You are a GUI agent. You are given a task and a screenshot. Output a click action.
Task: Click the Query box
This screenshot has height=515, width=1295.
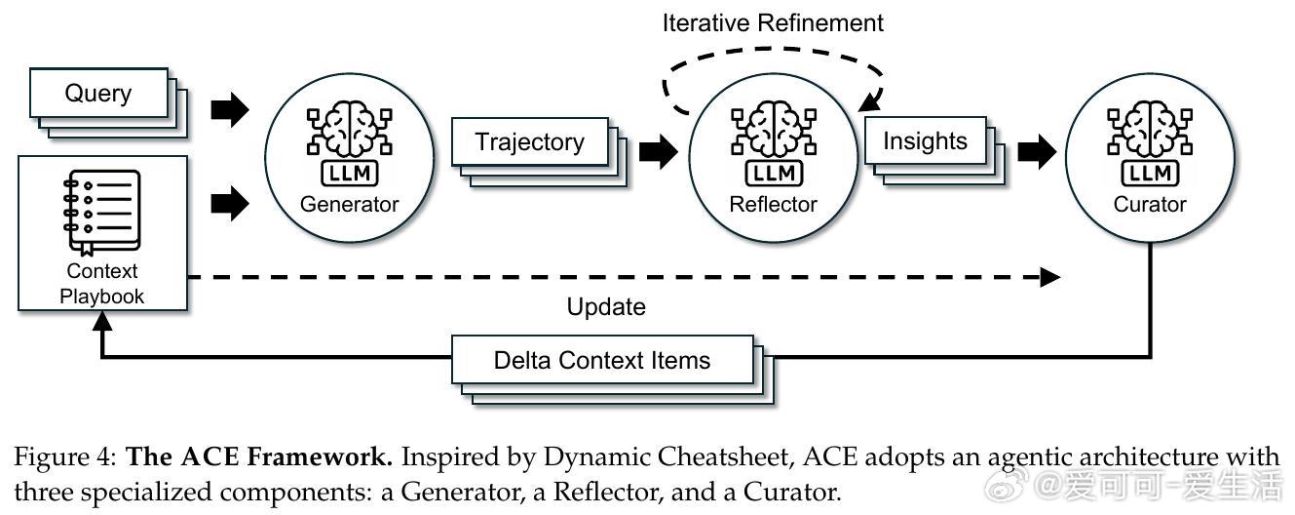coord(97,94)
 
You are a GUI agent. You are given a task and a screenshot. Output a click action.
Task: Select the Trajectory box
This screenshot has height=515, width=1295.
coord(529,142)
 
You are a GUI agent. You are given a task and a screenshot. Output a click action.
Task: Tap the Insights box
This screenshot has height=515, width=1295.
coord(924,140)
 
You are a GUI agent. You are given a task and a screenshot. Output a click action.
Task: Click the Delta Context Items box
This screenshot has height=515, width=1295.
coord(601,360)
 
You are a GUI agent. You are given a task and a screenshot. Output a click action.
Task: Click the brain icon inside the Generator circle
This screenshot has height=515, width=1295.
coord(349,136)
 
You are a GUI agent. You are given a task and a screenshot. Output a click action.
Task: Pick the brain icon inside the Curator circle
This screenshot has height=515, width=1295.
coord(1151,136)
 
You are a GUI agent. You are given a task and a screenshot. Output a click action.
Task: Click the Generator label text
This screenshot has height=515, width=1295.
coord(349,205)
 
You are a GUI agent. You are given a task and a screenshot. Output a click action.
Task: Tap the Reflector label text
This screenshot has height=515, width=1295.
coord(773,205)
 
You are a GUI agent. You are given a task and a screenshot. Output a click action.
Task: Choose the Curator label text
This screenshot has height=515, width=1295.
coord(1151,205)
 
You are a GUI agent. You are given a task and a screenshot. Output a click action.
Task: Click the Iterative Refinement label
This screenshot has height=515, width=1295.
coord(773,22)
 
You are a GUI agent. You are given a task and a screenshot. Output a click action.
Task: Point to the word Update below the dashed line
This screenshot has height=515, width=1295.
coord(606,306)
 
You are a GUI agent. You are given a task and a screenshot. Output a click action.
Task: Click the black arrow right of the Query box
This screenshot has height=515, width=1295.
coord(230,111)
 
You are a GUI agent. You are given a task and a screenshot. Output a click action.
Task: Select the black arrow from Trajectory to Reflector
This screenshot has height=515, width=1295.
coord(657,151)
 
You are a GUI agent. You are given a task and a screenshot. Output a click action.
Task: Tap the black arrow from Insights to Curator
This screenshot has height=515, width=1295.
coord(1036,151)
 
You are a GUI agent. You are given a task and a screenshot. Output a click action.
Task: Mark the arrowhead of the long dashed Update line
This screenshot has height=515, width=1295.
coord(1050,277)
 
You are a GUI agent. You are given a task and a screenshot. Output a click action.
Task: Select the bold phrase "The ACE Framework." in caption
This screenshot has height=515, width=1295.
coord(260,456)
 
